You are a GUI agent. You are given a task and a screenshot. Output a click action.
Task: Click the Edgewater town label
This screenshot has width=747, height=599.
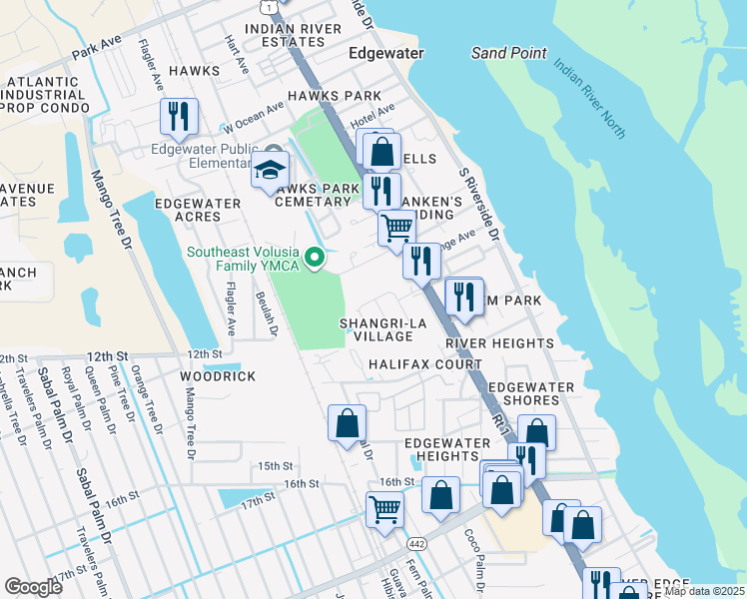[x=385, y=53]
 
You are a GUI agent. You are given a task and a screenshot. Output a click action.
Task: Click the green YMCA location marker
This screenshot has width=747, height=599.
[x=316, y=261]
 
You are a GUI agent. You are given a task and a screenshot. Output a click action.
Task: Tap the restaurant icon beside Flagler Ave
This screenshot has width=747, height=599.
[x=179, y=116]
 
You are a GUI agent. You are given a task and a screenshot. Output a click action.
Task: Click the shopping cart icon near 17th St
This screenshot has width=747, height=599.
[x=384, y=509]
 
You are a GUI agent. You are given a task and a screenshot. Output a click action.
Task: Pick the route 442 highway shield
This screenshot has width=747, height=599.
[x=413, y=542]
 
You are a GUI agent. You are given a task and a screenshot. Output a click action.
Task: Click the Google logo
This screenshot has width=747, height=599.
[x=33, y=587]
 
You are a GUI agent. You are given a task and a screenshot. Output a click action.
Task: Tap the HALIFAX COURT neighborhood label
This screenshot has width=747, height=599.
[x=425, y=365]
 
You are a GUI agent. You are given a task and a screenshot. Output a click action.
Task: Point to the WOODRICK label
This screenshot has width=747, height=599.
[x=218, y=376]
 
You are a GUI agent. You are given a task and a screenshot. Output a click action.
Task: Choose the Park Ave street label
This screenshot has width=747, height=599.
[x=96, y=47]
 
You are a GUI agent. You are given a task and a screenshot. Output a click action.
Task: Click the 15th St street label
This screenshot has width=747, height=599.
[x=275, y=466]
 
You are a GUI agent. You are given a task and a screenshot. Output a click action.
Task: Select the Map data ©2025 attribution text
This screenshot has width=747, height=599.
[x=704, y=591]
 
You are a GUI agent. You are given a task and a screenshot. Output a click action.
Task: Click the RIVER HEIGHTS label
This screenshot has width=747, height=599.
[x=499, y=343]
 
